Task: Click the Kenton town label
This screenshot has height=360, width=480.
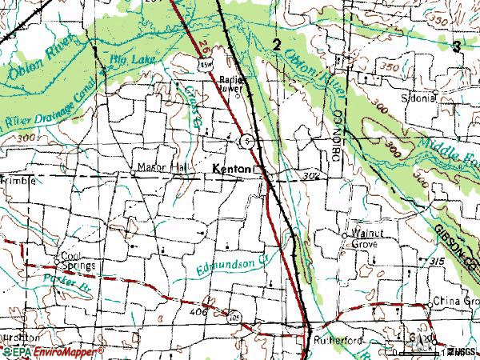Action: coord(234,170)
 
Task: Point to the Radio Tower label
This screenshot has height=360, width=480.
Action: coord(233,84)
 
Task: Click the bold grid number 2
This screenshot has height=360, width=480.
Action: coord(276,46)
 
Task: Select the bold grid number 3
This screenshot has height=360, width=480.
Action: coord(456,46)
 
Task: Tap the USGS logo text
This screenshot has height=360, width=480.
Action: coord(461,351)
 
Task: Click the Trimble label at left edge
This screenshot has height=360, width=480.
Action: coord(18,181)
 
